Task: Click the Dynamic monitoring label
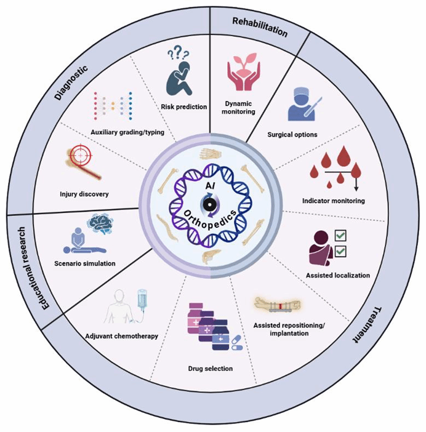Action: point(240,107)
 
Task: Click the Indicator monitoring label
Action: point(333,201)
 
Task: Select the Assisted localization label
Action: point(337,275)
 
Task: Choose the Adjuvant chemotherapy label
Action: point(122,337)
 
